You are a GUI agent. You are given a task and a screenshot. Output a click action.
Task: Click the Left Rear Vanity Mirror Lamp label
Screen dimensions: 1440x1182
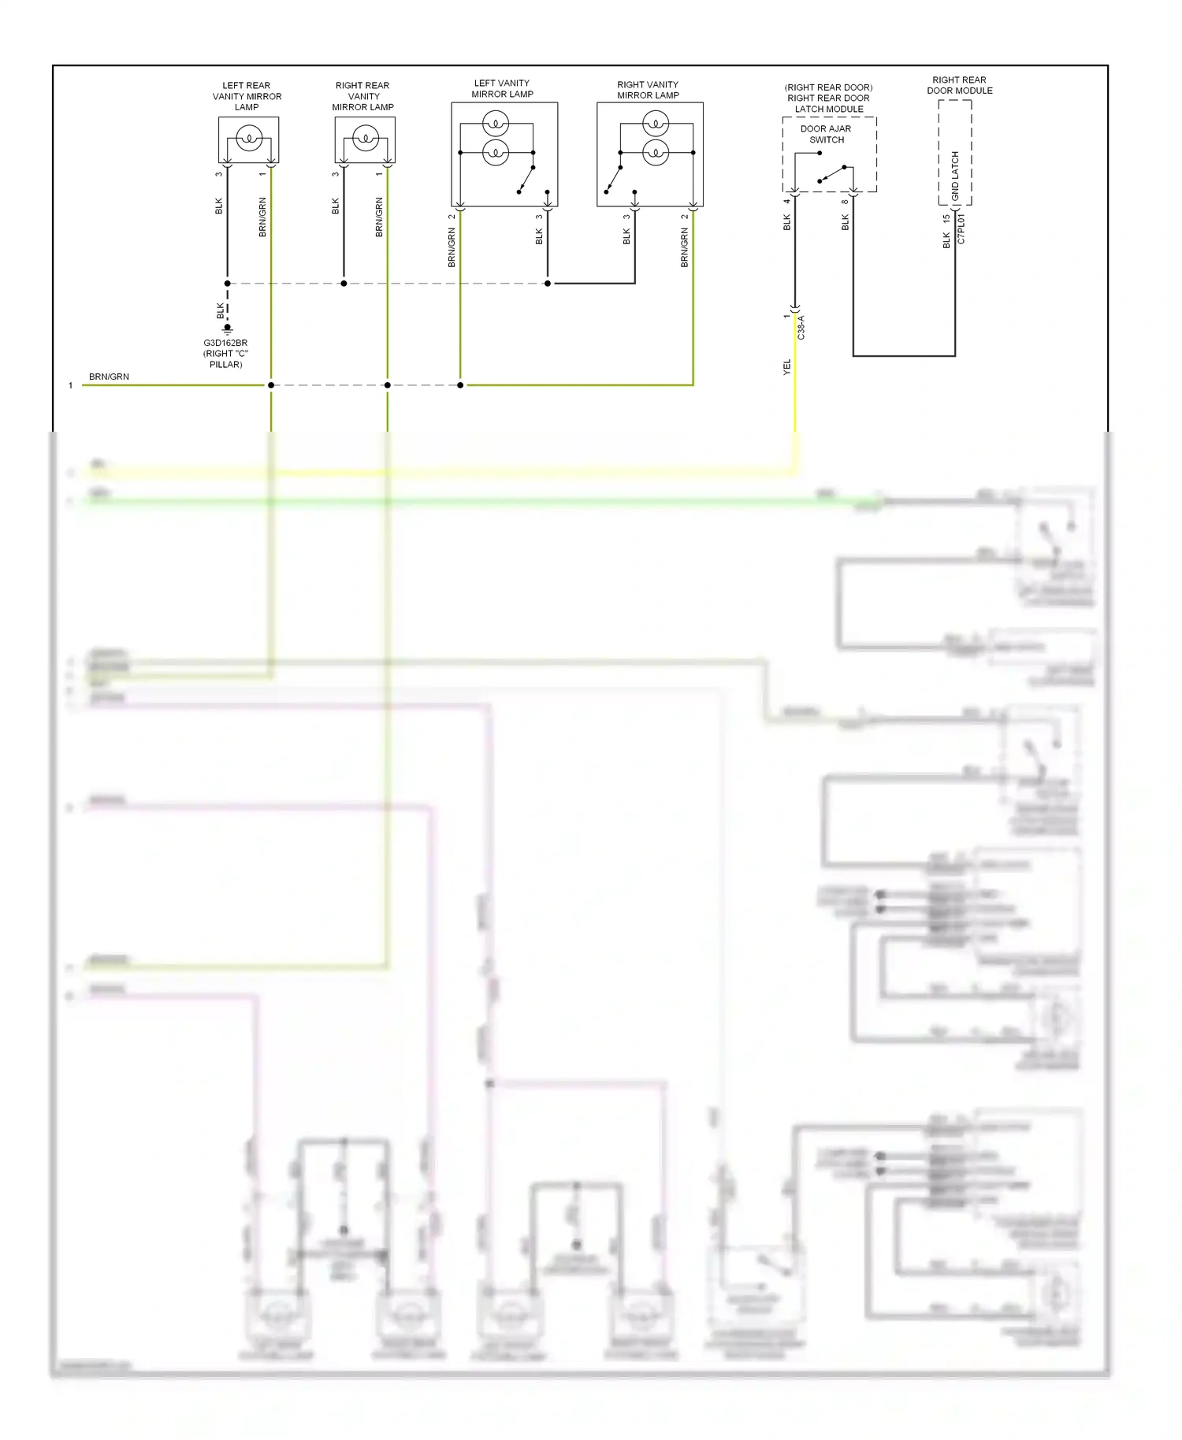point(247,96)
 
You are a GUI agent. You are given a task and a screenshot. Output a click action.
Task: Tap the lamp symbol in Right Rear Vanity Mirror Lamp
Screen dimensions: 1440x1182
point(365,139)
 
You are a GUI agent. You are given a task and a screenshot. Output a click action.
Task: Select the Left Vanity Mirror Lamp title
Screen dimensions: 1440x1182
point(502,88)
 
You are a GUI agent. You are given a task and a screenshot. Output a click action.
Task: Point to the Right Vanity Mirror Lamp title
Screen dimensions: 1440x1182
point(648,90)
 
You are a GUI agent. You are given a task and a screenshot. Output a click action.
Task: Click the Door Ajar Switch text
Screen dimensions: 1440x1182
point(826,134)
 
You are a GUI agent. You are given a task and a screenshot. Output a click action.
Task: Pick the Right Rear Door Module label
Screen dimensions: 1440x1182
point(959,85)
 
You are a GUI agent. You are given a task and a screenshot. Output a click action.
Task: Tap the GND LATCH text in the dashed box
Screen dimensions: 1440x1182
point(955,175)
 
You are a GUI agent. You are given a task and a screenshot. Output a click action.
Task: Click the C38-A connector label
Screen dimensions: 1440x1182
point(801,327)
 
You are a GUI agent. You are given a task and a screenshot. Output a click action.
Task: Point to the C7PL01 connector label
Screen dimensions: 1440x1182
point(961,229)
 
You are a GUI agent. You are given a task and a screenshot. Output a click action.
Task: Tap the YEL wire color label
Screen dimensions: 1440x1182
point(786,366)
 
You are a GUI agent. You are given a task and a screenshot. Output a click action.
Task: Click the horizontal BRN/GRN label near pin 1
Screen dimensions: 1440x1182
point(109,377)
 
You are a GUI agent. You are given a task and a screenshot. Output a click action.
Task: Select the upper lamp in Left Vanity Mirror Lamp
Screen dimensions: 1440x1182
point(496,123)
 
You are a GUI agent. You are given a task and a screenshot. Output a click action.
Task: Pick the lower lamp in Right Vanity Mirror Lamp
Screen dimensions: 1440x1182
point(656,152)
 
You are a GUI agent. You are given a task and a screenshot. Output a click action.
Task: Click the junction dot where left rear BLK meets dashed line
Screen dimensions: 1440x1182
point(228,284)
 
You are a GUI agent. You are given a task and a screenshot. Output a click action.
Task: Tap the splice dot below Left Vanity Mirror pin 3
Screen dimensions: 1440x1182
point(548,284)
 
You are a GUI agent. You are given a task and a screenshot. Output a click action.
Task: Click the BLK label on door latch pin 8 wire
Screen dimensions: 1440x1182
point(846,223)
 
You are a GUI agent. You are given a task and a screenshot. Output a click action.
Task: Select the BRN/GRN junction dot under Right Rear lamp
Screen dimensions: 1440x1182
point(388,385)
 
